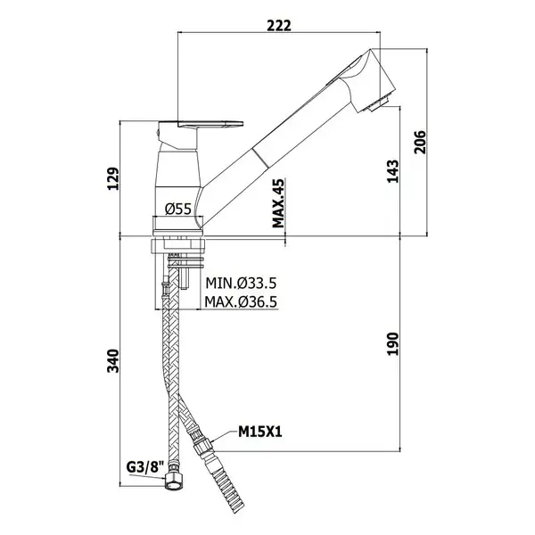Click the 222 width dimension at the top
(x=279, y=26)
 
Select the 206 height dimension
(x=420, y=142)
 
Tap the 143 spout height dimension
(x=392, y=171)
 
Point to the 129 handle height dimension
(x=113, y=178)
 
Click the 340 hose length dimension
(x=113, y=361)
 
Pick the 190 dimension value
(x=392, y=344)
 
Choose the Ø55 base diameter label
(x=178, y=209)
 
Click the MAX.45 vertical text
(x=278, y=203)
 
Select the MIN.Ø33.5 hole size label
(x=241, y=284)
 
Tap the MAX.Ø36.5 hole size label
(x=241, y=301)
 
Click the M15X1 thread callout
(x=260, y=432)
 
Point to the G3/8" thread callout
(x=145, y=467)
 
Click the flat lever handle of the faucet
(x=202, y=124)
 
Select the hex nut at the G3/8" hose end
(x=174, y=481)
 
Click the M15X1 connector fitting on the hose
(x=202, y=444)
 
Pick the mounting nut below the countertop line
(x=178, y=246)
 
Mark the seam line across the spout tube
(x=260, y=158)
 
